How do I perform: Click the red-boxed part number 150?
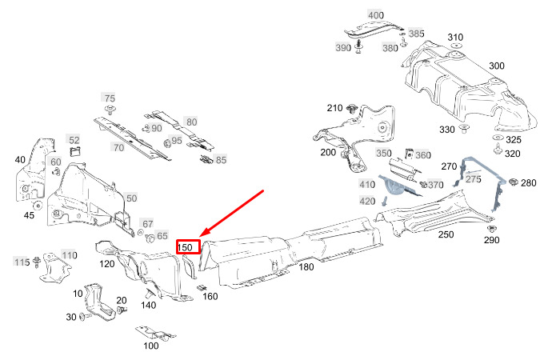point(185,247)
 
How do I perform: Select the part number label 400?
point(376,15)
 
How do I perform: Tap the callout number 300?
point(497,66)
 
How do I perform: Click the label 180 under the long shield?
point(306,266)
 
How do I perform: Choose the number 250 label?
point(446,234)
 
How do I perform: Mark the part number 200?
point(328,152)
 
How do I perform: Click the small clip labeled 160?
point(202,287)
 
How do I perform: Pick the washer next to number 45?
point(37,206)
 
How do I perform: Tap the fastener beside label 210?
point(352,110)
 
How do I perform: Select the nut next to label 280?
point(513,182)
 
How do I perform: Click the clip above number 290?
point(491,229)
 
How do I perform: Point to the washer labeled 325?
point(498,138)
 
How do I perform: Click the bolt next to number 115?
point(36,261)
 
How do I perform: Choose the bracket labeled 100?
point(155,333)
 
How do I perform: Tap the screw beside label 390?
point(359,47)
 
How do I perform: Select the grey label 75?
point(110,98)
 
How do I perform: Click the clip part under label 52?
point(75,151)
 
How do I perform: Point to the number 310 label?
point(455,38)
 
